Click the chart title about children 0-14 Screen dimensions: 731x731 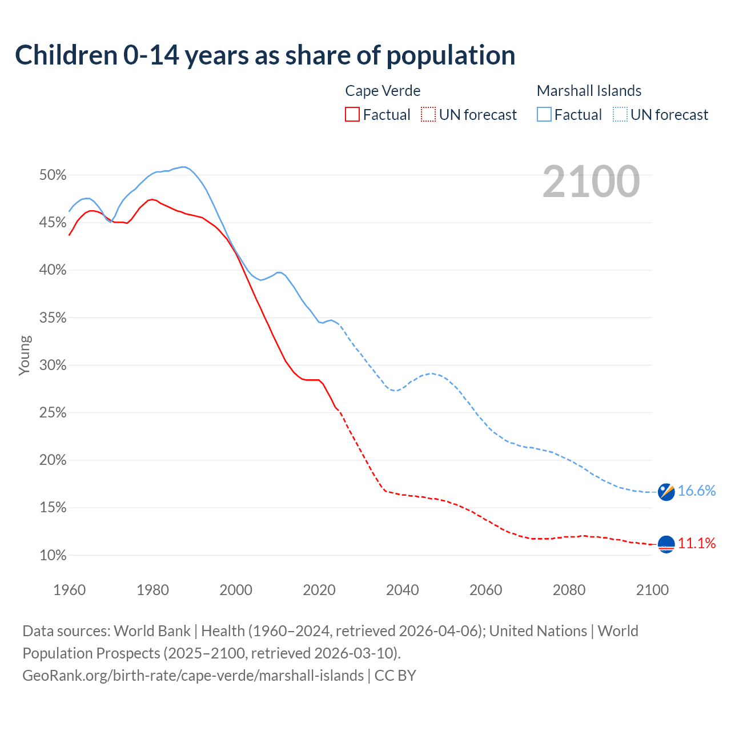[265, 55]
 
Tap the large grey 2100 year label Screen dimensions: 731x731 [591, 182]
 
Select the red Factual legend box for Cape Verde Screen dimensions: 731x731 [352, 115]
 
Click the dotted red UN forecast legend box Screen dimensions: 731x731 [428, 115]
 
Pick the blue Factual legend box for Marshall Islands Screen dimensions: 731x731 [544, 115]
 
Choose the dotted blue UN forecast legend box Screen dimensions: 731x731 [620, 115]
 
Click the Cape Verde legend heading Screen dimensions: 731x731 [383, 91]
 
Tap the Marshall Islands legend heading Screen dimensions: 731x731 [589, 91]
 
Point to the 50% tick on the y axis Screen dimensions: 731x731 [53, 175]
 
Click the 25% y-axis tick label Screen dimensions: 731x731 [53, 413]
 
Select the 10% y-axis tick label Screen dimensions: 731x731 [53, 555]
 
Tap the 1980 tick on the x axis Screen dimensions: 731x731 [152, 590]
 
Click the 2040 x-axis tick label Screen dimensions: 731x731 [402, 590]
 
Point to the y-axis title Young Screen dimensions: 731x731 [25, 355]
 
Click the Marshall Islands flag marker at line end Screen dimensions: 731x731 [666, 491]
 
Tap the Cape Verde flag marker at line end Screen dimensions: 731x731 [666, 544]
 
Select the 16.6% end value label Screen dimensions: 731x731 [697, 491]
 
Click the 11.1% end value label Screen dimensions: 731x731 [697, 543]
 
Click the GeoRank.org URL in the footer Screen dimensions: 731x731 [193, 676]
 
